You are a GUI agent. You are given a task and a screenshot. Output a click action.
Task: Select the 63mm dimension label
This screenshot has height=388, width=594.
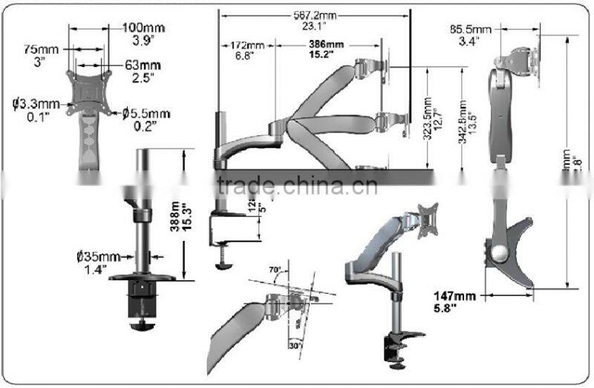coord(143,65)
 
